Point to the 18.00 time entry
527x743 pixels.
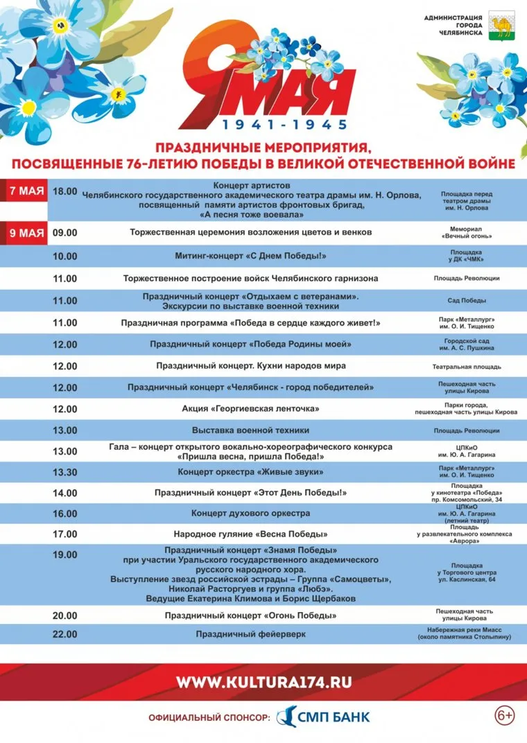click(x=65, y=191)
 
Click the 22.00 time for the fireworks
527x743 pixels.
click(x=65, y=633)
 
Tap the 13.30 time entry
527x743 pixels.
click(x=65, y=472)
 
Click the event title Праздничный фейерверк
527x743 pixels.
click(x=250, y=633)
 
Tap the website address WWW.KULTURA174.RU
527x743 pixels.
click(x=263, y=682)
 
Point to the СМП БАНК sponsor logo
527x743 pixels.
click(x=324, y=717)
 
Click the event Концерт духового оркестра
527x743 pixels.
click(x=250, y=513)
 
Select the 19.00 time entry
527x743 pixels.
click(x=65, y=554)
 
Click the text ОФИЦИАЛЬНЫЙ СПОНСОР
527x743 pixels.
click(x=209, y=718)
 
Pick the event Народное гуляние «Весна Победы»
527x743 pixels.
click(x=250, y=534)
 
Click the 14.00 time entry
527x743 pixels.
click(x=65, y=493)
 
